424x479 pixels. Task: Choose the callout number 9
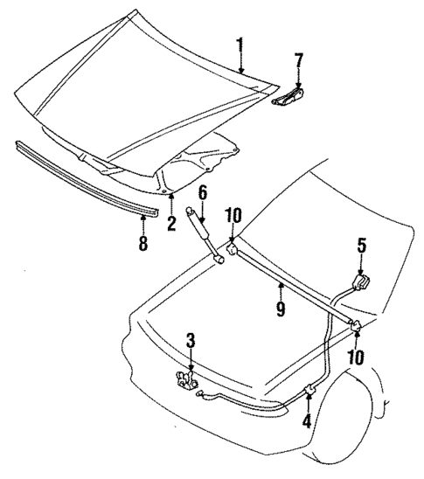pyautogui.click(x=282, y=309)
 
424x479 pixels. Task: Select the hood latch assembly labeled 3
pyautogui.click(x=185, y=381)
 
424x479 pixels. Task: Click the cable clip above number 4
pyautogui.click(x=309, y=389)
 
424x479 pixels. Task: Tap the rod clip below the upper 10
pyautogui.click(x=233, y=251)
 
